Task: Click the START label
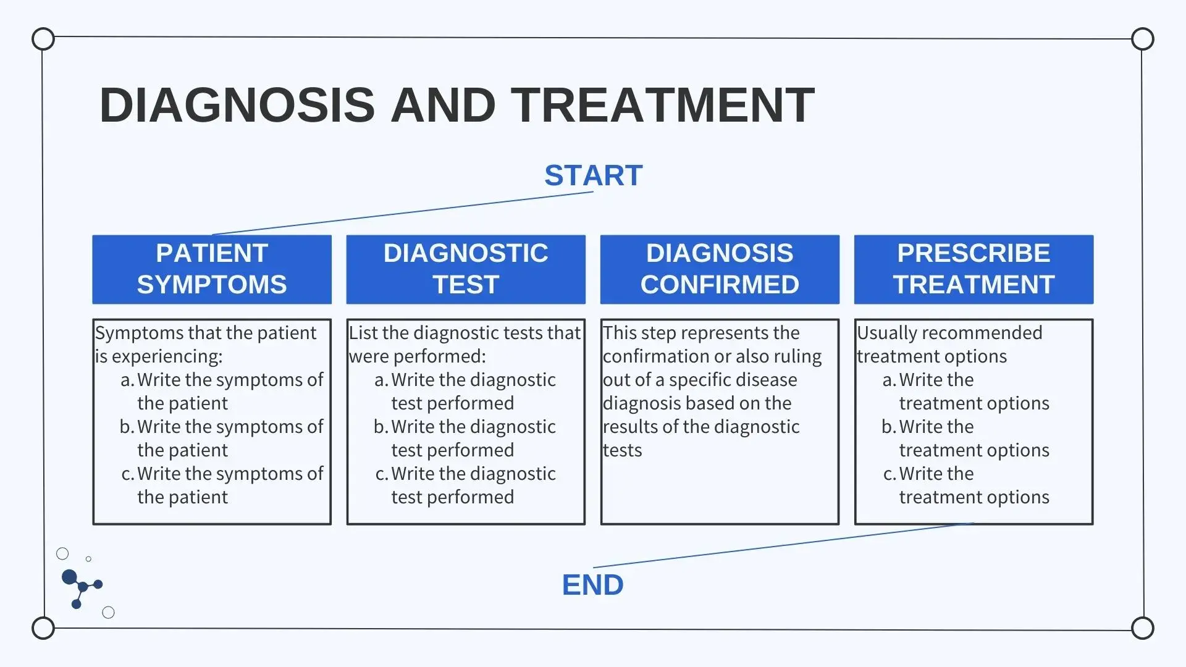tap(593, 175)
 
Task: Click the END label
tap(593, 585)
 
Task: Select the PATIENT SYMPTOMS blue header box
tap(212, 269)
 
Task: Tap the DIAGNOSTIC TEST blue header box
tap(466, 269)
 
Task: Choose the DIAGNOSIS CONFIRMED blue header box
tap(720, 269)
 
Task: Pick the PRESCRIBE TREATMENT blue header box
tap(974, 269)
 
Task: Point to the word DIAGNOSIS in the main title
tap(237, 105)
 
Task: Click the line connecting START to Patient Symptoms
tap(403, 213)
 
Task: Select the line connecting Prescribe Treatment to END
tap(783, 545)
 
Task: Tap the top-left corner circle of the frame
tap(43, 39)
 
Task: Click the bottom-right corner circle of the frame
tap(1143, 628)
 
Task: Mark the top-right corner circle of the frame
tap(1143, 39)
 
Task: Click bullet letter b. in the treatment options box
tap(888, 427)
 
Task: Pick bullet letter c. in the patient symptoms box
tap(128, 474)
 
